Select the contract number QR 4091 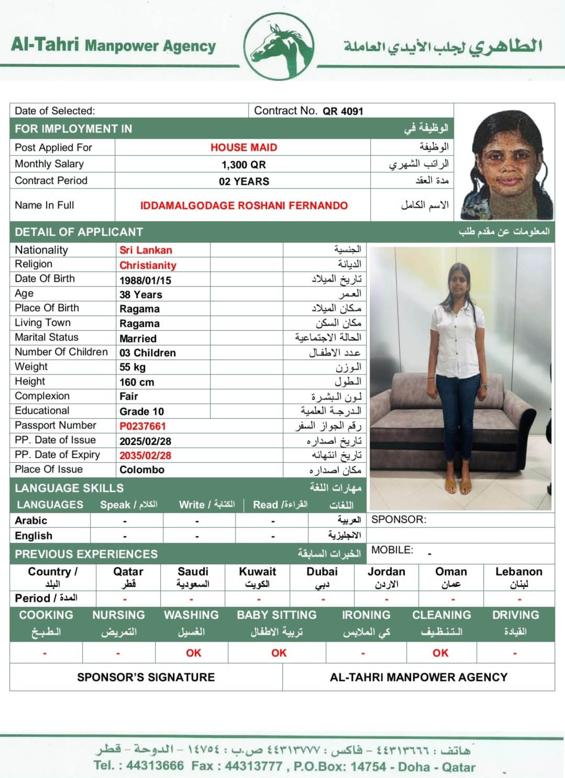pos(342,111)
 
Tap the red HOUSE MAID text pos(243,147)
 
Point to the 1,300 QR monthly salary pos(243,165)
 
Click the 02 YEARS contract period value pos(243,181)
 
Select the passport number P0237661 pos(142,426)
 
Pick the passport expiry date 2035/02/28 pos(145,455)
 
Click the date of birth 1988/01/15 pos(145,280)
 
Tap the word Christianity pos(148,265)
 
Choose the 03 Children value pos(147,353)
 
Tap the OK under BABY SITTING pos(279,653)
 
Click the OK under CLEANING pos(440,653)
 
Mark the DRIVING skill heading pos(515,615)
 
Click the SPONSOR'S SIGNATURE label pos(146,677)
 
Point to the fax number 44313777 pos(253,766)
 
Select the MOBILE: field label pos(392,550)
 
